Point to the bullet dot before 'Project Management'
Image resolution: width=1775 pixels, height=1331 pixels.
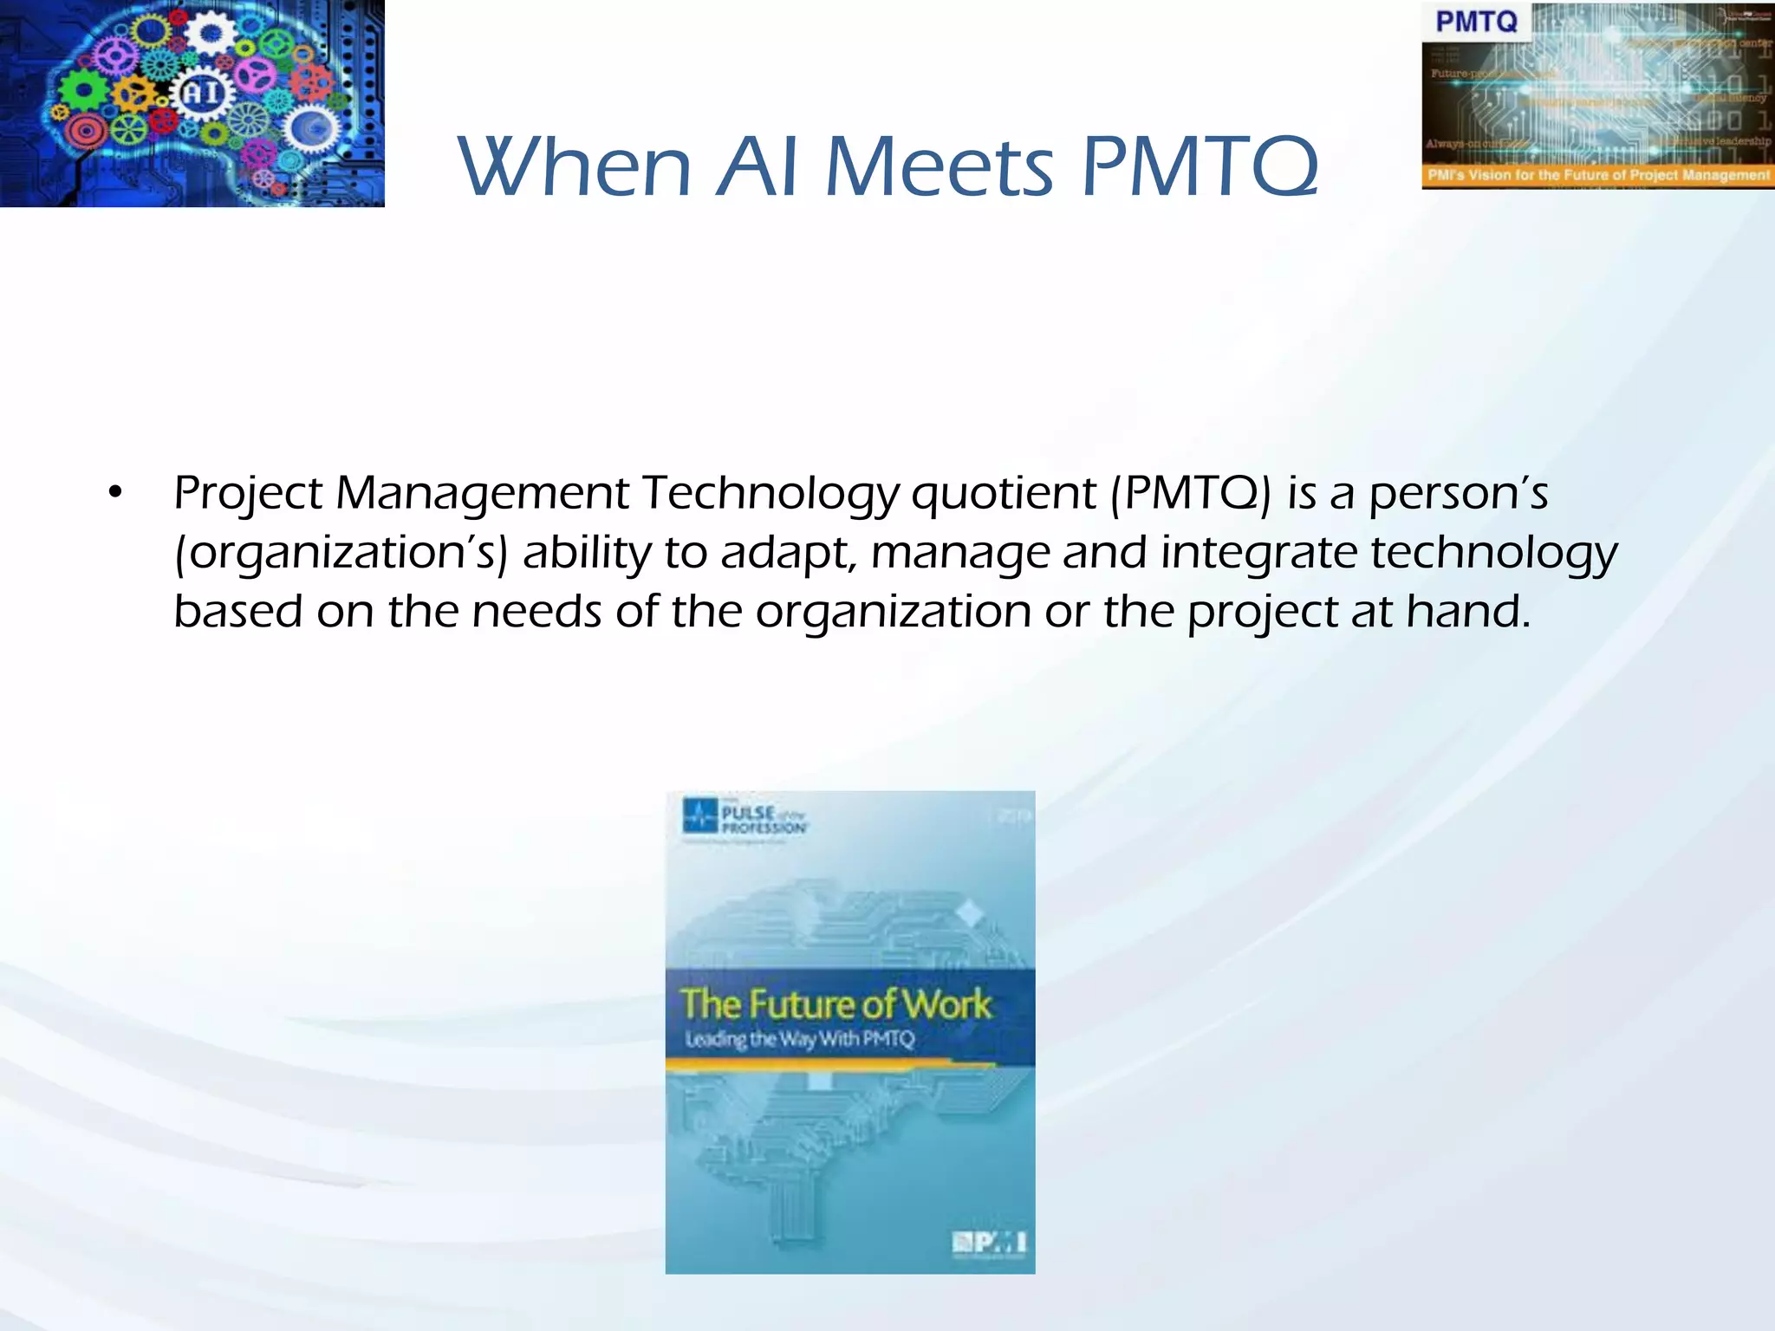[115, 494]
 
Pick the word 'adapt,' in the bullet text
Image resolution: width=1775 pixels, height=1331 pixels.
[789, 553]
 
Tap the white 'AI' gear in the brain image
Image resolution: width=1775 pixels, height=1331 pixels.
[203, 93]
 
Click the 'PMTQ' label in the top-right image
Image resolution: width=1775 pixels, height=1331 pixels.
[1476, 21]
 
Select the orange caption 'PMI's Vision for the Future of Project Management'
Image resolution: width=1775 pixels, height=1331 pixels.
[1598, 176]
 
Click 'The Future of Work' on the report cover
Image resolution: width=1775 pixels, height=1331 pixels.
[835, 1003]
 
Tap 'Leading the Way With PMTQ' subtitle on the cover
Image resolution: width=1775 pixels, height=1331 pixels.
[799, 1038]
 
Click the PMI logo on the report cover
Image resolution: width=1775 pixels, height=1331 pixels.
[989, 1243]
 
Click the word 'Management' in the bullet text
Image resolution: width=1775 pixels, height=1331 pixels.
[482, 494]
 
